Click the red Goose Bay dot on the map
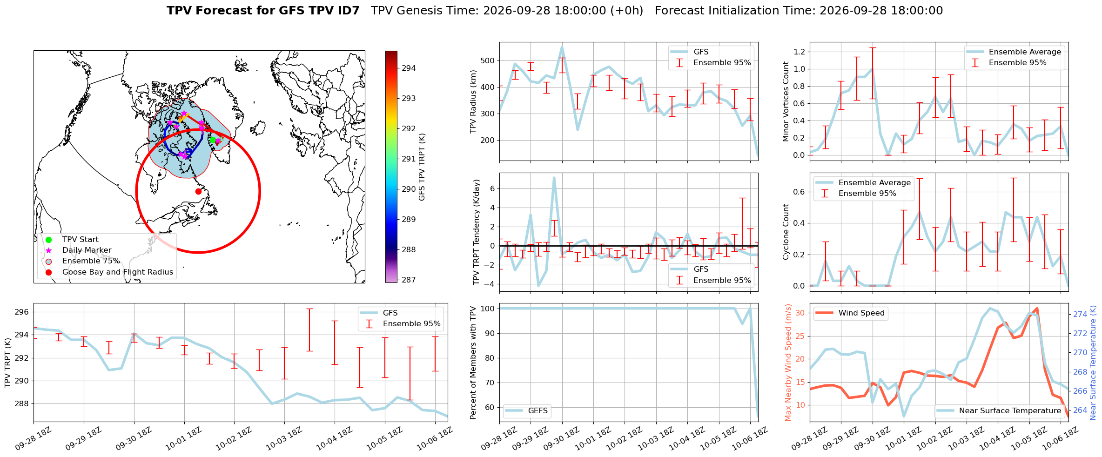point(198,191)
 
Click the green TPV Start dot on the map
point(213,140)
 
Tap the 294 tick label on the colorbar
point(409,68)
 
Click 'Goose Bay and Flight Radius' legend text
point(118,272)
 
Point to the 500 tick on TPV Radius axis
point(487,60)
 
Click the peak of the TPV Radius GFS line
point(562,47)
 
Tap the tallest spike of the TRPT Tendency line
point(554,177)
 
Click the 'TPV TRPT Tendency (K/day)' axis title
point(476,232)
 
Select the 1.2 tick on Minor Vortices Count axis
point(799,52)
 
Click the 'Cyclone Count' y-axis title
point(786,232)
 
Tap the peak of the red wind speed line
point(1037,308)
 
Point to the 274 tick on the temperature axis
point(1080,314)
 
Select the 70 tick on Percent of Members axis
point(490,383)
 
